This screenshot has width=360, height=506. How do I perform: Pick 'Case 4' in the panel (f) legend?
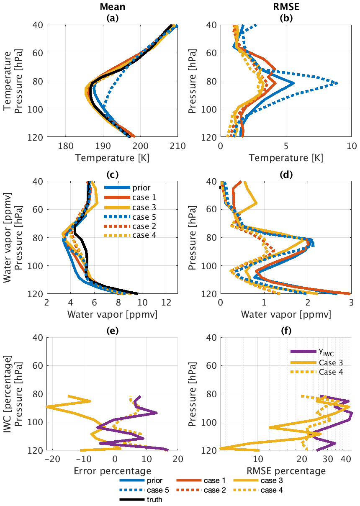coord(331,371)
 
